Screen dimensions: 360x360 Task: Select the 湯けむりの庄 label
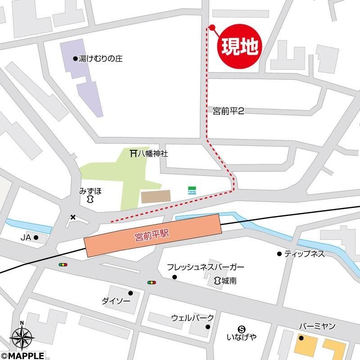pyautogui.click(x=100, y=58)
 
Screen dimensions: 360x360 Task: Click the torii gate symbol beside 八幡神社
pyautogui.click(x=133, y=153)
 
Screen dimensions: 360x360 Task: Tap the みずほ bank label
pyautogui.click(x=90, y=191)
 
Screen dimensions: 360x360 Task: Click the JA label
pyautogui.click(x=26, y=237)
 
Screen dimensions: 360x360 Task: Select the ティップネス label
pyautogui.click(x=304, y=254)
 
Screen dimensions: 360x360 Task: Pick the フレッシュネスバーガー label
pyautogui.click(x=206, y=267)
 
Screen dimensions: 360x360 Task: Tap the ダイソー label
pyautogui.click(x=115, y=301)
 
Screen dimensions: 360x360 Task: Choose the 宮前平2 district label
pyautogui.click(x=228, y=111)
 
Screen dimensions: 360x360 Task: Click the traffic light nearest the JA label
pyautogui.click(x=63, y=265)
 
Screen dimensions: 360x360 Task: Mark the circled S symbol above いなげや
pyautogui.click(x=242, y=328)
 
